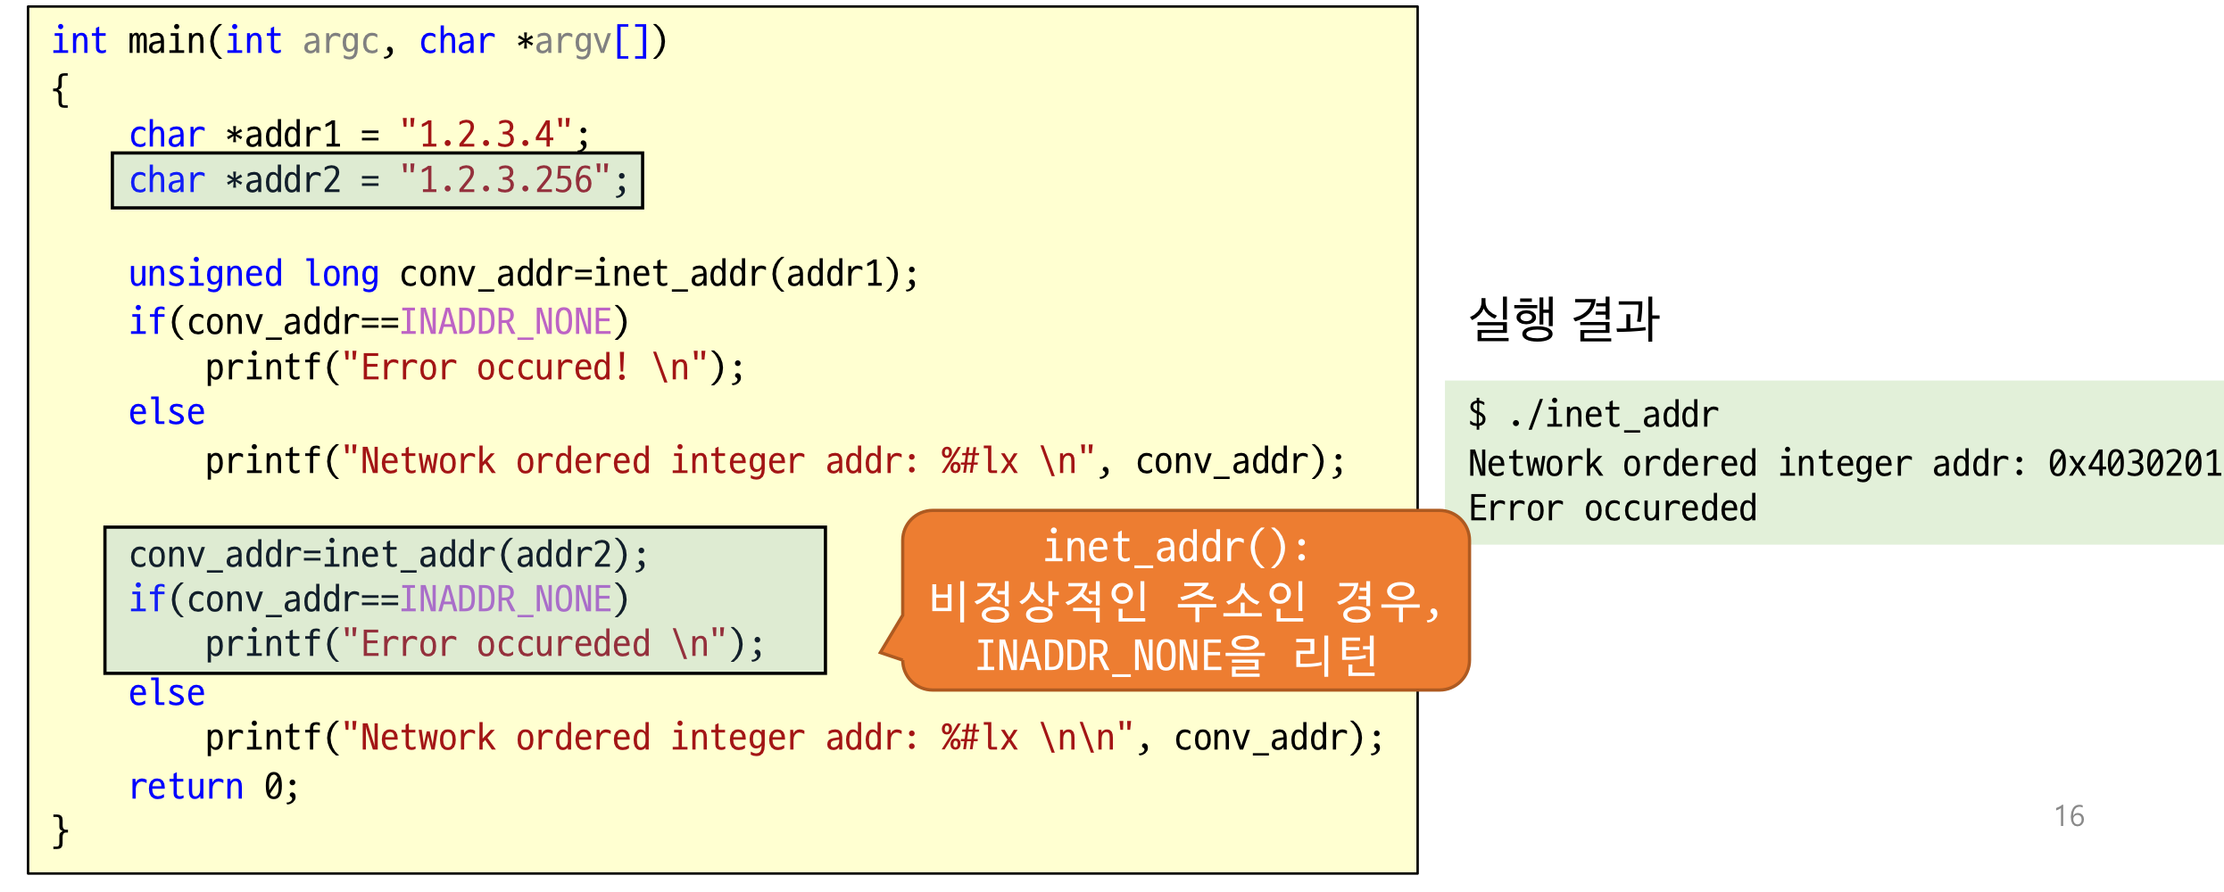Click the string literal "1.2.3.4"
485,135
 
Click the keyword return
186,787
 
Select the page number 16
2069,816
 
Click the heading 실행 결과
1564,319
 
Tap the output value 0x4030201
2133,464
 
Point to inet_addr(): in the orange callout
1175,548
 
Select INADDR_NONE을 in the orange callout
1120,657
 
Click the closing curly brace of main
60,831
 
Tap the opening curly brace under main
60,90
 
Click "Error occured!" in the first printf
495,368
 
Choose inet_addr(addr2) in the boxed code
477,556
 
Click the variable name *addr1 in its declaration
283,135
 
